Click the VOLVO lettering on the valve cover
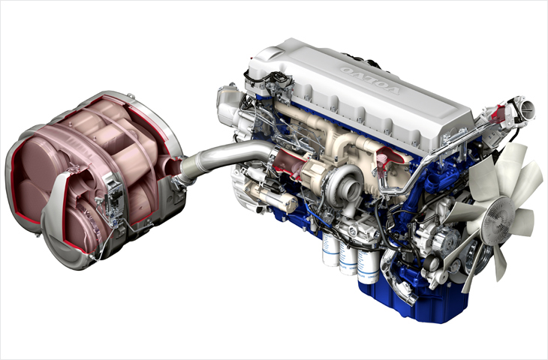point(369,80)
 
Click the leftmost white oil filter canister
point(330,249)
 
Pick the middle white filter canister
point(348,258)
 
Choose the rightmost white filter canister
point(368,266)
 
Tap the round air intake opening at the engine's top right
point(527,108)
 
